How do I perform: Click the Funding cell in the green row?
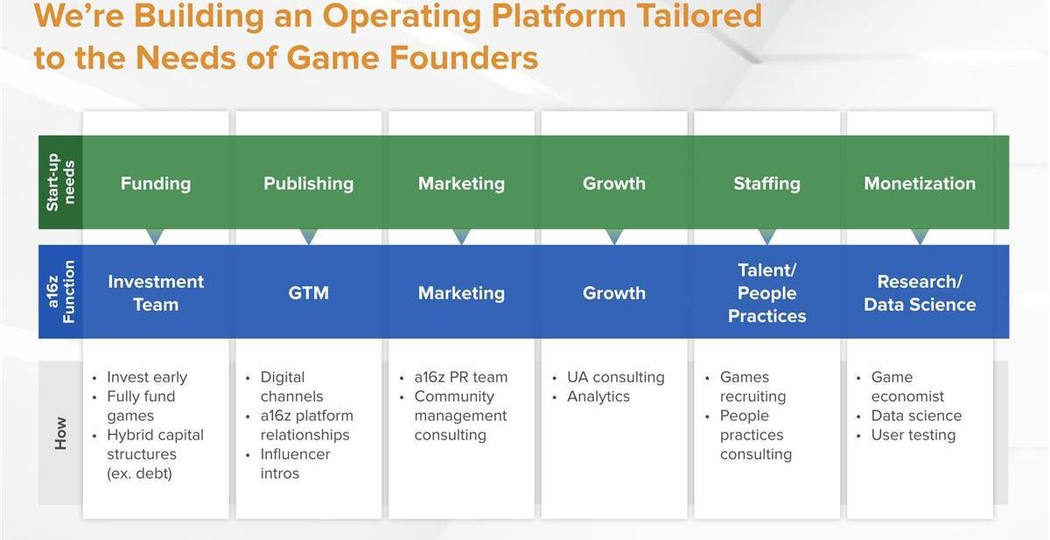(156, 183)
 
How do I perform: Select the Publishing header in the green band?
(308, 183)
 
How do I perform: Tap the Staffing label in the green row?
(766, 183)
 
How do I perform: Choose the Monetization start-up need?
(920, 183)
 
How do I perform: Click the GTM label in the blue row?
(308, 293)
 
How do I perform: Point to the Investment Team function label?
(156, 293)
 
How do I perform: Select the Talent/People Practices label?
(766, 293)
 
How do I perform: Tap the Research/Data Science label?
(920, 293)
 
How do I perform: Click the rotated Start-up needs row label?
(60, 182)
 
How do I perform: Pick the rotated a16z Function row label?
(60, 291)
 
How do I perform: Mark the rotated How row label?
(60, 433)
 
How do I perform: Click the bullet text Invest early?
(147, 377)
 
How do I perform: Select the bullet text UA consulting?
(615, 377)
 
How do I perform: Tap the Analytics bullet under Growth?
(598, 396)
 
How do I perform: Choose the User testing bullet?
(913, 435)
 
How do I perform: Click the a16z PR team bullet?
(461, 377)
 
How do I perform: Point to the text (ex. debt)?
(139, 473)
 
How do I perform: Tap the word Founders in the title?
(464, 58)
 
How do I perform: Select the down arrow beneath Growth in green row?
(614, 236)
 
